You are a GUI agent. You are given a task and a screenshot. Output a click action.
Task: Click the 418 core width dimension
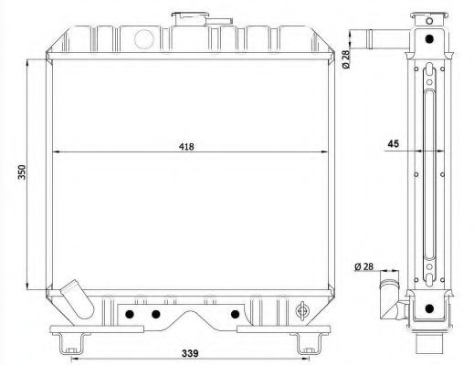click(x=186, y=147)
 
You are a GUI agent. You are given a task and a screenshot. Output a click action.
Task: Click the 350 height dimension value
click(x=22, y=172)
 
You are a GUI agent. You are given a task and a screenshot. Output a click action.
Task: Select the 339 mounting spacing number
click(x=190, y=353)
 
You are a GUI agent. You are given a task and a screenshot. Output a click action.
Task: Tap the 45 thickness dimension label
click(x=393, y=143)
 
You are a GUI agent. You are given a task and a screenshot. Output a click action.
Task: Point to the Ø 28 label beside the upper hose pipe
click(x=345, y=59)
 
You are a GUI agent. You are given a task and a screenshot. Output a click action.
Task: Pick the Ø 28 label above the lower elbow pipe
click(x=363, y=266)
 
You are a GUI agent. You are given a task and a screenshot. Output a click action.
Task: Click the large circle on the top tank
click(x=143, y=39)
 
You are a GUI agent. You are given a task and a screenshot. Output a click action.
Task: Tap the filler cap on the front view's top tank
click(x=202, y=18)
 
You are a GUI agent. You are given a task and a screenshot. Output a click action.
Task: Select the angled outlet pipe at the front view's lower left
click(x=78, y=299)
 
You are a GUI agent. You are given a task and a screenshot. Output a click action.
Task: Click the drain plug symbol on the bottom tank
click(x=302, y=311)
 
